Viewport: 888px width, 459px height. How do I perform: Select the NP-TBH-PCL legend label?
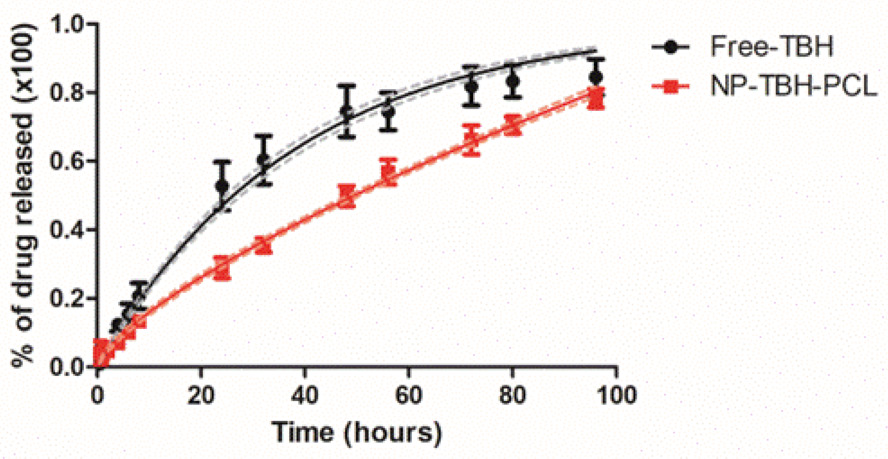(x=793, y=86)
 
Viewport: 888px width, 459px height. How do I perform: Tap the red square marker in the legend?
(x=670, y=86)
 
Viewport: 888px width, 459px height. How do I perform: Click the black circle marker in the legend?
(x=670, y=47)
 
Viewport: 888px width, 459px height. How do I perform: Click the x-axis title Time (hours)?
(x=357, y=432)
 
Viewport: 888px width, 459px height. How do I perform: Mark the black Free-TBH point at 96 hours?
(x=596, y=77)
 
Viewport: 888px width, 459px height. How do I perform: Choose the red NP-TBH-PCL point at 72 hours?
(x=471, y=140)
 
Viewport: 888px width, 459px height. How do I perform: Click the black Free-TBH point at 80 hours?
(x=513, y=81)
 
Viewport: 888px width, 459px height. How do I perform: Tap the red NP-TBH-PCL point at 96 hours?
(x=596, y=98)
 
